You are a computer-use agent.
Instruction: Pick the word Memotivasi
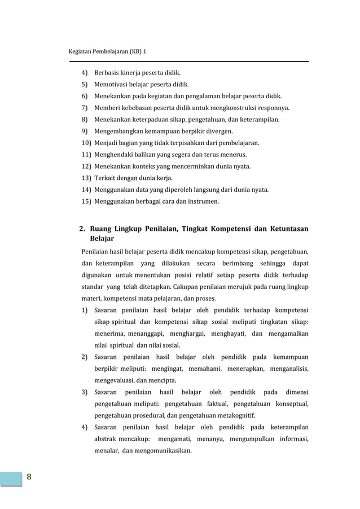(x=113, y=85)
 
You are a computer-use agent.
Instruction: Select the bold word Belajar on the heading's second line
(x=102, y=239)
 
